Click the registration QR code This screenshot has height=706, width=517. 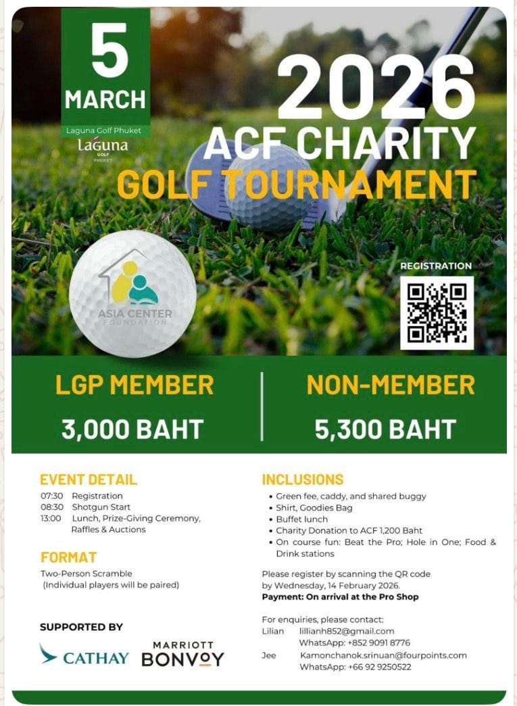click(437, 312)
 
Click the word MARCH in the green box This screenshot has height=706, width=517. click(105, 99)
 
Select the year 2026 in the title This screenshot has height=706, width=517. click(376, 87)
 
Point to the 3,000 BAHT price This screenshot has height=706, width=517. click(132, 429)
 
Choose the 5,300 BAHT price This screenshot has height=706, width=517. click(385, 429)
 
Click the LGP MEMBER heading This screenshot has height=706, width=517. click(134, 385)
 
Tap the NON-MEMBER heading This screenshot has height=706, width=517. click(391, 385)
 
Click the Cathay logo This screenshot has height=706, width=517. click(84, 656)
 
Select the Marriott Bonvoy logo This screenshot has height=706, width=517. click(182, 654)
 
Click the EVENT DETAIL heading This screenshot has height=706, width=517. click(89, 479)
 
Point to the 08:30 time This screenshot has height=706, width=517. click(52, 507)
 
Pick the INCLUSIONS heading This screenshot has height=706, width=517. click(303, 479)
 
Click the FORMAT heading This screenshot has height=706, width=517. click(69, 558)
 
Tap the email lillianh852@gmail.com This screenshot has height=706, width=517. click(347, 631)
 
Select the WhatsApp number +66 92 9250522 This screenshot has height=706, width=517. click(355, 667)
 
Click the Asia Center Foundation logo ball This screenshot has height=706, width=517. click(132, 293)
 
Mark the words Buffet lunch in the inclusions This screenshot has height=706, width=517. click(301, 519)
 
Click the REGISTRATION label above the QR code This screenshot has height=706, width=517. click(436, 266)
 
